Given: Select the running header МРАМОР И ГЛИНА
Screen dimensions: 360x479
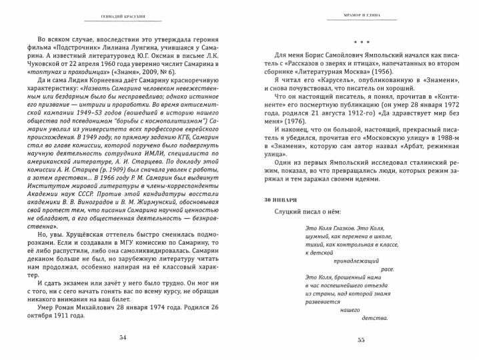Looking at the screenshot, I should click(x=361, y=15).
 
